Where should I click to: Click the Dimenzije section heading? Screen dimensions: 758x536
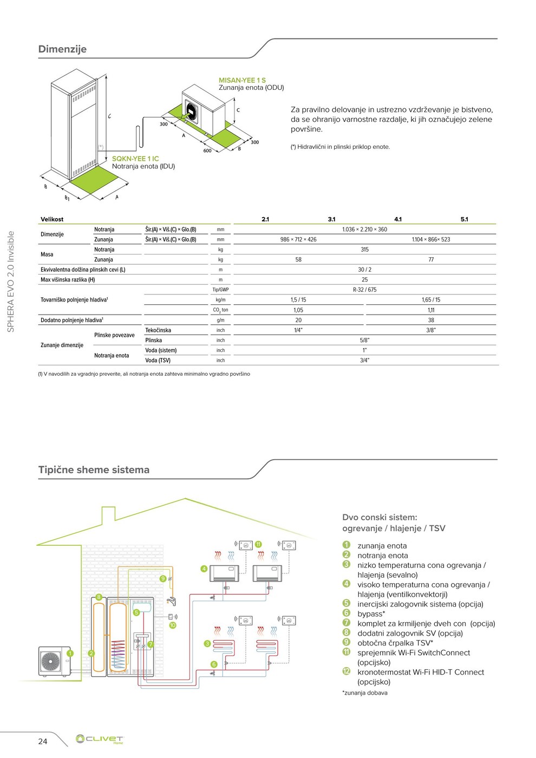[x=62, y=49]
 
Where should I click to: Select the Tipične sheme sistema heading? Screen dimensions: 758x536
[x=94, y=470]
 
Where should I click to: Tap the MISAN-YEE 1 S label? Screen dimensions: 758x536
[x=242, y=80]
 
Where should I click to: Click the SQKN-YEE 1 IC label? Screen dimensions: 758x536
[x=135, y=159]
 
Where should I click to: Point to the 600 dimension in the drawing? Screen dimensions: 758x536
[x=207, y=151]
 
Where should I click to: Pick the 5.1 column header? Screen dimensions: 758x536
[x=464, y=219]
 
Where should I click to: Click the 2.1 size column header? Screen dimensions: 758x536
[x=265, y=219]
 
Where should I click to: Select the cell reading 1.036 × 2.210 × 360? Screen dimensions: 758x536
[x=364, y=230]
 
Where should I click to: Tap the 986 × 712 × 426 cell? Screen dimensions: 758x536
[x=298, y=239]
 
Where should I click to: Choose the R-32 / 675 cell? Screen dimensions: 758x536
[x=364, y=290]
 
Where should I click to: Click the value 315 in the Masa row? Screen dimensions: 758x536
[x=364, y=250]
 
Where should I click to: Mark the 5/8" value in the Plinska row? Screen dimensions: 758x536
[x=364, y=341]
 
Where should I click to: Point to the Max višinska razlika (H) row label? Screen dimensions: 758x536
[x=68, y=280]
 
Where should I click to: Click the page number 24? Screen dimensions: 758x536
[x=43, y=741]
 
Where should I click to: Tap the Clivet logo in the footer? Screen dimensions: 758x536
[x=100, y=739]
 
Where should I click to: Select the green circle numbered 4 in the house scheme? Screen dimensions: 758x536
[x=204, y=568]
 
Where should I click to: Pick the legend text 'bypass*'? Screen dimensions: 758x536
[x=371, y=614]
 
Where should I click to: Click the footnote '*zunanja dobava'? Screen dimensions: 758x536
[x=365, y=692]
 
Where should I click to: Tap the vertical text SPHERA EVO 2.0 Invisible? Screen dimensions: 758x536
[x=10, y=282]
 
